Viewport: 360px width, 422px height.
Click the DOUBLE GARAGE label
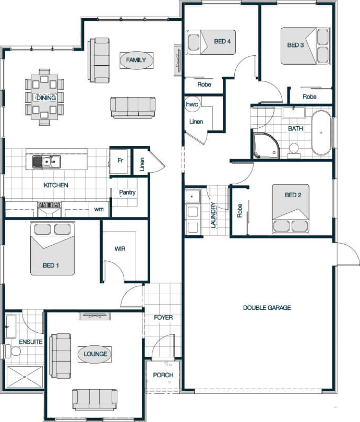pos(267,308)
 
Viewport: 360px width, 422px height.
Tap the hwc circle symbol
pos(191,104)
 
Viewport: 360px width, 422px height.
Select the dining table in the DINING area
pos(44,97)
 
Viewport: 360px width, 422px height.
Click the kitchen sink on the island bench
pos(46,162)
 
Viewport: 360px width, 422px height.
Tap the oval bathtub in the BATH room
pos(321,132)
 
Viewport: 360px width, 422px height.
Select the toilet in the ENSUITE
pos(13,351)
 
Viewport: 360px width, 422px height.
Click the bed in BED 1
pos(52,248)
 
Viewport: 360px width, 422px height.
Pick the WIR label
pos(120,249)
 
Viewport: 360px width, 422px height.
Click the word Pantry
pos(127,192)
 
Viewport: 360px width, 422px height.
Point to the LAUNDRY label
pos(213,215)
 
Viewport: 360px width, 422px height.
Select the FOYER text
pos(163,318)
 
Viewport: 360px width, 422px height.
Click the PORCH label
pos(163,375)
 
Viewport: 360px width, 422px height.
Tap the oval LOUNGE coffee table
pos(95,354)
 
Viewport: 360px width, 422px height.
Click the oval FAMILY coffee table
pos(136,60)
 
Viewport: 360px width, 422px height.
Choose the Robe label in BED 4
pos(204,85)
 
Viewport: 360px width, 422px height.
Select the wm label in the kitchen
pos(99,209)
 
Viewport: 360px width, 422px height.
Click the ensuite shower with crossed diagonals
pos(24,377)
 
